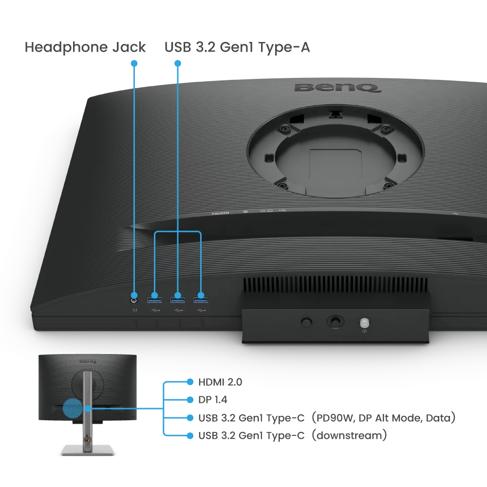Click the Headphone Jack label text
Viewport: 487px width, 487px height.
pos(85,47)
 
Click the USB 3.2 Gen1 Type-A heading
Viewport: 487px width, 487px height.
pos(237,47)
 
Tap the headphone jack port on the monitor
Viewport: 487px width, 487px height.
pos(135,295)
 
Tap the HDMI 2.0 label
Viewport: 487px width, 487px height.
pos(220,382)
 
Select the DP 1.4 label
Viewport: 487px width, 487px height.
pos(213,400)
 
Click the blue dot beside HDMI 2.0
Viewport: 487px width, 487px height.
pos(190,382)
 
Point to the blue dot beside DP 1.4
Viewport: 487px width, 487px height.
pos(190,400)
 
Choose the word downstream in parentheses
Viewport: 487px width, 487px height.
pos(351,435)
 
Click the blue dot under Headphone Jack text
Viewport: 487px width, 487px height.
pos(134,63)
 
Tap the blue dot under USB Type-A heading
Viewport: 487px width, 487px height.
pos(178,63)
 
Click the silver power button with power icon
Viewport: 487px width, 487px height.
pos(364,323)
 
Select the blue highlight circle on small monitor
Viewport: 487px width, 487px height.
pos(73,408)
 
